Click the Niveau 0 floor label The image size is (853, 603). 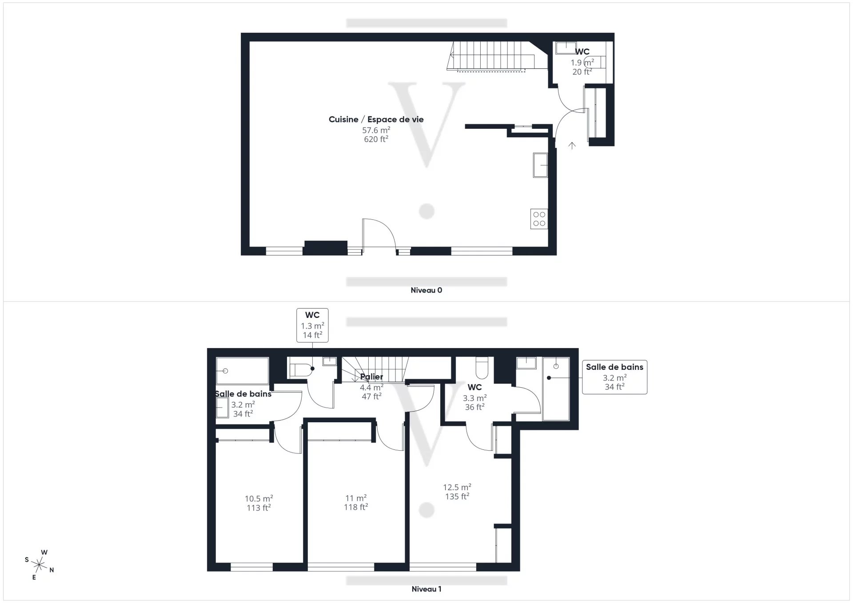(x=426, y=290)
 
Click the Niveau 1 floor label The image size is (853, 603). (x=426, y=589)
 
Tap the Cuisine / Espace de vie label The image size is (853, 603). (x=376, y=119)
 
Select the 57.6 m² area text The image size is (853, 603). (x=376, y=130)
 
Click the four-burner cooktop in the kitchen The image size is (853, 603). (x=539, y=219)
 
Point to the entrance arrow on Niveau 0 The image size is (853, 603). (x=572, y=145)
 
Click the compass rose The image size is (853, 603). (x=40, y=565)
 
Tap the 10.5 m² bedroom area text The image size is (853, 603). (x=259, y=499)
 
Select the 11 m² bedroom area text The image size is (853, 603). (x=356, y=498)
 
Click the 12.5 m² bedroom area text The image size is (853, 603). (x=457, y=488)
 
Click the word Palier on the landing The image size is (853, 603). (x=371, y=377)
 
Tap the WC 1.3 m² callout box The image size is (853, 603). (x=312, y=325)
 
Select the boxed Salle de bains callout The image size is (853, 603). (x=614, y=377)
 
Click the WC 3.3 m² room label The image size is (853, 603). (x=474, y=388)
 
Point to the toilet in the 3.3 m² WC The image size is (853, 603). (x=482, y=367)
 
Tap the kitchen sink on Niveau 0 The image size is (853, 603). (x=540, y=165)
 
